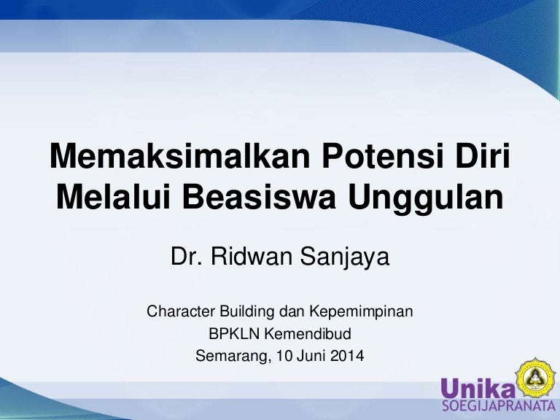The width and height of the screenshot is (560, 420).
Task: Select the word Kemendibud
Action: [x=306, y=335]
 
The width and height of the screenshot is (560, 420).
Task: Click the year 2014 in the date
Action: [x=346, y=357]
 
